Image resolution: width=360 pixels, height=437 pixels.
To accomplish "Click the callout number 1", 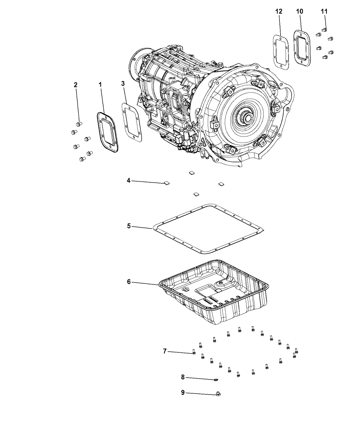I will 100,84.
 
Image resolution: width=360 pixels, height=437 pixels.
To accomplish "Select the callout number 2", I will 76,85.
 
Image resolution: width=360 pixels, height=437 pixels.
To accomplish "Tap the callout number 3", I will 122,83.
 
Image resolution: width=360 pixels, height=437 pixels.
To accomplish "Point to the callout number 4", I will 129,180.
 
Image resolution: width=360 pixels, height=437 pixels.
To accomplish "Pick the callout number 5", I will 129,226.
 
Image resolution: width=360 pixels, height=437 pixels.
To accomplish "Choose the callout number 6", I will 129,282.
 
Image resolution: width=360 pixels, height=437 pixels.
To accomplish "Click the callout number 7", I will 165,351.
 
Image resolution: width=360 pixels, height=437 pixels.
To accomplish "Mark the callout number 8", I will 183,377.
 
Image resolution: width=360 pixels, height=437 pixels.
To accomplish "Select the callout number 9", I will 183,392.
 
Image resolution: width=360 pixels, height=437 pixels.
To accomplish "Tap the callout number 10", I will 299,11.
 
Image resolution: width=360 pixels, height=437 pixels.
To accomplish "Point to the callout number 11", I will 324,11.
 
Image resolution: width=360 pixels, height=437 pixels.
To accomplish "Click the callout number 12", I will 279,11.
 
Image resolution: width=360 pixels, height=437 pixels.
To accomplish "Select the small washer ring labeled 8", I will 216,379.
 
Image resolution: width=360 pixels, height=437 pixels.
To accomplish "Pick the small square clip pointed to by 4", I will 167,183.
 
